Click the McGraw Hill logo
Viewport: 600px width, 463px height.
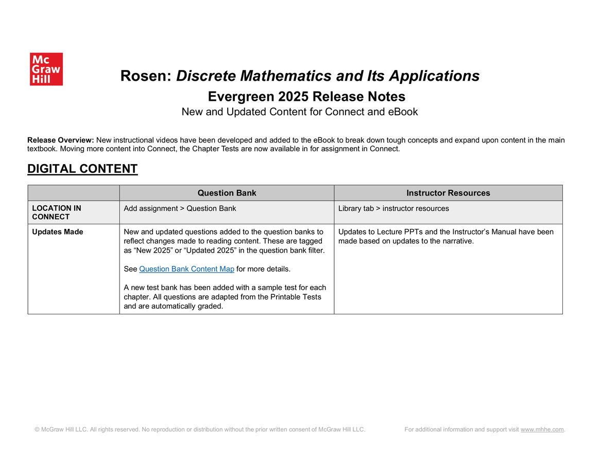[x=46, y=69]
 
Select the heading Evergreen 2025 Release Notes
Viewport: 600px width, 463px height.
[x=306, y=97]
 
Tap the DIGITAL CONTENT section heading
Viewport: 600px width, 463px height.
[x=82, y=169]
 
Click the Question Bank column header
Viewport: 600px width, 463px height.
[x=227, y=193]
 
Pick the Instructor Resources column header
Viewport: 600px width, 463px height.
[x=448, y=193]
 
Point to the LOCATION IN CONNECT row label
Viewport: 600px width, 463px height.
[x=57, y=212]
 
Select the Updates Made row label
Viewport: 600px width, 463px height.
[x=58, y=232]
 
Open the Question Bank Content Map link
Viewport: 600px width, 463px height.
[x=186, y=269]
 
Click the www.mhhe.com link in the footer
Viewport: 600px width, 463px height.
[x=542, y=430]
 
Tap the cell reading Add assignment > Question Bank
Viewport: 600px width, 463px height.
[x=180, y=208]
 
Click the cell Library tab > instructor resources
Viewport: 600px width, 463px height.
[x=393, y=208]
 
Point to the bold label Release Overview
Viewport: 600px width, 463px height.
[x=60, y=140]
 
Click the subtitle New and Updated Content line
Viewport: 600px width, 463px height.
[x=300, y=112]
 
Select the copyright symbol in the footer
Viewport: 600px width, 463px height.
[x=37, y=430]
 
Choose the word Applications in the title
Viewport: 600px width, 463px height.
[x=434, y=76]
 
